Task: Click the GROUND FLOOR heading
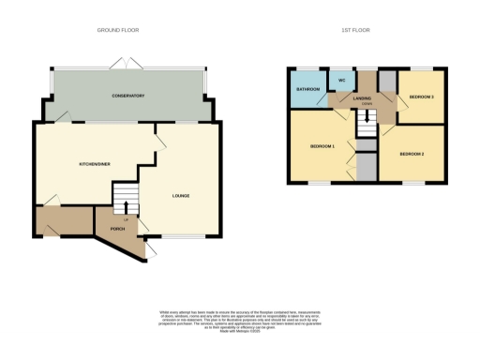click(118, 30)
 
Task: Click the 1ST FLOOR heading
click(356, 30)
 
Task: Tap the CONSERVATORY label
click(128, 96)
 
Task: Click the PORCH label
click(118, 227)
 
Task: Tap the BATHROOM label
click(308, 90)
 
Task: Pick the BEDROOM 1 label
click(323, 146)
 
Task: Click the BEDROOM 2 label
click(412, 153)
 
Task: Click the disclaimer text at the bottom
click(240, 318)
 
